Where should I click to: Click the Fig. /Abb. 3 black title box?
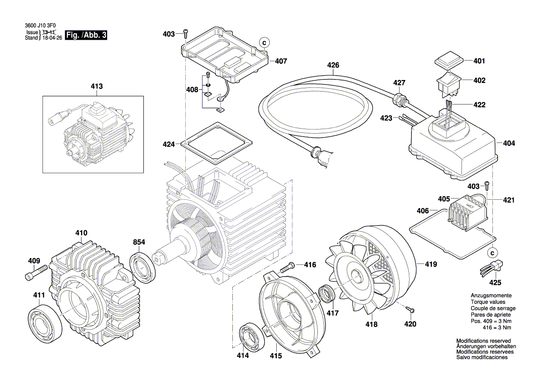pyautogui.click(x=86, y=35)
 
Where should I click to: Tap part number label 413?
pyautogui.click(x=97, y=86)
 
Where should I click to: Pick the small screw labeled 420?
pyautogui.click(x=409, y=309)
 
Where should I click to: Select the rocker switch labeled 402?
pyautogui.click(x=449, y=83)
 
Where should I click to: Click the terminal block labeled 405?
pyautogui.click(x=467, y=212)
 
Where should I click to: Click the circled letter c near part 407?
pyautogui.click(x=265, y=43)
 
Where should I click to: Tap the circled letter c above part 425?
pyautogui.click(x=493, y=253)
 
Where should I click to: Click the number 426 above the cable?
pyautogui.click(x=333, y=65)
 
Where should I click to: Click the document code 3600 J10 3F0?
pyautogui.click(x=40, y=25)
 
